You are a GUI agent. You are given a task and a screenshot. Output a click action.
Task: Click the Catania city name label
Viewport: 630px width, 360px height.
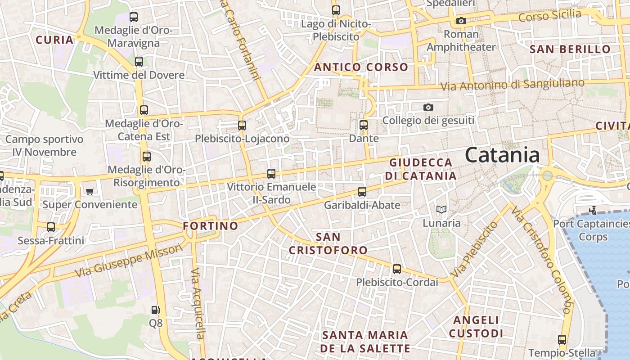tap(502, 155)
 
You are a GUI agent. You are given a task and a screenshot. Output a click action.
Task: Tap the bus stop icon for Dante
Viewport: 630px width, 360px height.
tap(364, 125)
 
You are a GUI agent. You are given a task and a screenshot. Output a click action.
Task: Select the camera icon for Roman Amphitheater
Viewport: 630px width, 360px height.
tap(461, 21)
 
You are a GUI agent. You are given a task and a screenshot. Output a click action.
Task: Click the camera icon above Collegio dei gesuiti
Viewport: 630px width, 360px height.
tap(428, 107)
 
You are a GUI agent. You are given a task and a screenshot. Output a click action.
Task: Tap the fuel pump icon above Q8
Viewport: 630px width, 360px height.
tap(155, 310)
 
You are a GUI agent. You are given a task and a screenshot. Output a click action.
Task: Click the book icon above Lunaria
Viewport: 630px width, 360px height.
tap(441, 209)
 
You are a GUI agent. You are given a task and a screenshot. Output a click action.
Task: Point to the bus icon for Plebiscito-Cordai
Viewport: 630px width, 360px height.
tap(396, 269)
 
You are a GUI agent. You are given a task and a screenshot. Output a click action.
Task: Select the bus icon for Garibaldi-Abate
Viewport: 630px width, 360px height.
tap(362, 192)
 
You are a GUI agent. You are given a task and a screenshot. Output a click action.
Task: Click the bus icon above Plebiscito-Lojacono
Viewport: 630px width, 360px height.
tap(242, 126)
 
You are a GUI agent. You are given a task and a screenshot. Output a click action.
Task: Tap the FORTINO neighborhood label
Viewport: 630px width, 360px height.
tap(211, 226)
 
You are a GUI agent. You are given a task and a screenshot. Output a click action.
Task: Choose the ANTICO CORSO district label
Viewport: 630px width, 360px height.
tap(361, 67)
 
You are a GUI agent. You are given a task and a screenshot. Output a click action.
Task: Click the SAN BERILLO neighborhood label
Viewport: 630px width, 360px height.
tap(570, 49)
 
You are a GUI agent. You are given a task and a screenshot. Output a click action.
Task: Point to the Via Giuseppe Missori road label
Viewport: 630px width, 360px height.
tap(129, 261)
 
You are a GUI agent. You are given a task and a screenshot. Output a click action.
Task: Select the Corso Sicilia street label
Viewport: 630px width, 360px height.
tap(550, 16)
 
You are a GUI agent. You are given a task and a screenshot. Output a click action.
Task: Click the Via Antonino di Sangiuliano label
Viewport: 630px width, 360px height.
tap(512, 85)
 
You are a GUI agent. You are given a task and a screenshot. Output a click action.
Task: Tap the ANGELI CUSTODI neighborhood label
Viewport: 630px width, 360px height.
tap(476, 327)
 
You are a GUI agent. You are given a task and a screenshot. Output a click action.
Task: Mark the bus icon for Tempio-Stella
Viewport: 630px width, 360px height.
tap(562, 340)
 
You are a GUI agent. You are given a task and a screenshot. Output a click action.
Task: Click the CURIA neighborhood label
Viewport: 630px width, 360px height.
tap(54, 40)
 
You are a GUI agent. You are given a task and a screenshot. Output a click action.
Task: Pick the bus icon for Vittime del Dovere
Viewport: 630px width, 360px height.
tap(139, 62)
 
